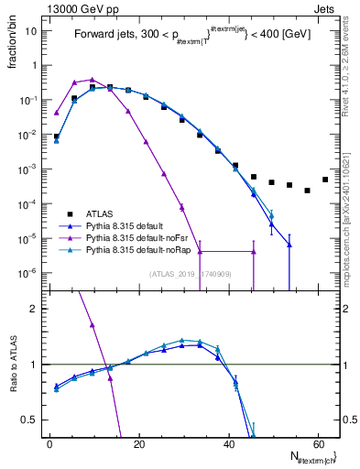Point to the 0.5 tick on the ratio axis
29,420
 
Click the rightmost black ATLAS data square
324,180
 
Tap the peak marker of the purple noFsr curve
93,80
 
